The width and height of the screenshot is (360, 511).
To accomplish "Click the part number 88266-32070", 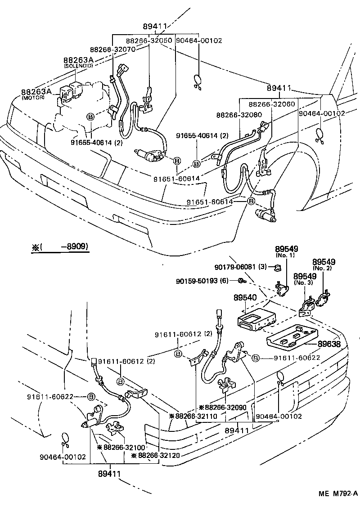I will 112,49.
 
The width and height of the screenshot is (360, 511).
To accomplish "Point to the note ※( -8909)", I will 60,247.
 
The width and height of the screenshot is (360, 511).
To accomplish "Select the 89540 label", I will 245,298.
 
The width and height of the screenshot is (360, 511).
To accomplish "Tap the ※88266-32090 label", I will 223,407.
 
